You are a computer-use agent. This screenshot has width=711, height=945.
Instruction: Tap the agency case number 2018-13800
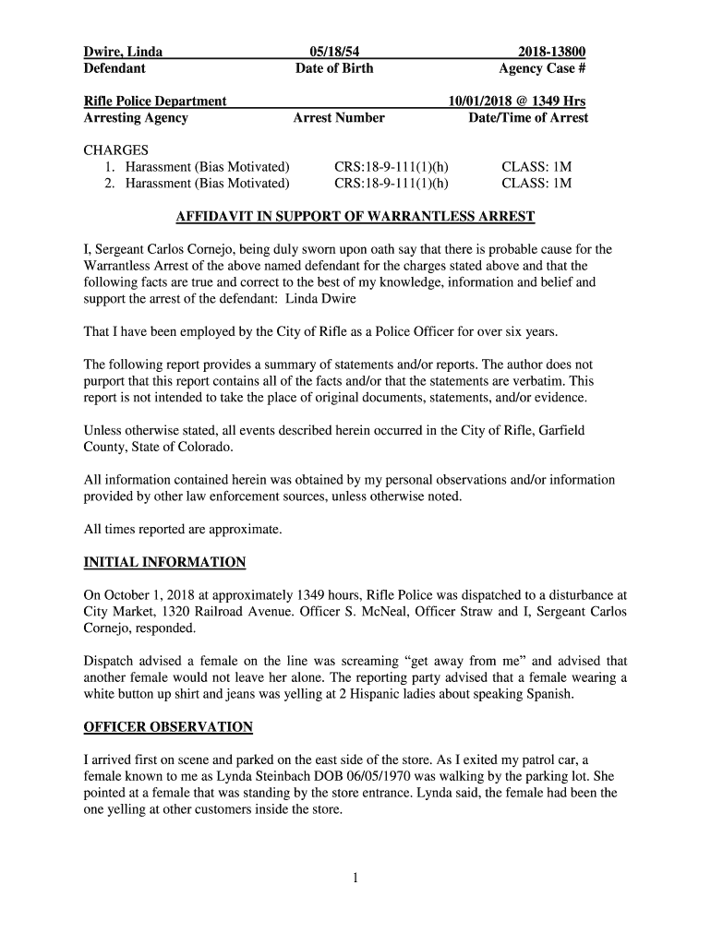pyautogui.click(x=551, y=52)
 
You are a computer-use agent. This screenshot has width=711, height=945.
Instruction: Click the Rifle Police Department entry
pyautogui.click(x=155, y=101)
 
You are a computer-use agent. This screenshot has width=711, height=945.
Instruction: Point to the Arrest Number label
pyautogui.click(x=339, y=117)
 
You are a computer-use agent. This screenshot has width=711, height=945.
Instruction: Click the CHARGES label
pyautogui.click(x=116, y=150)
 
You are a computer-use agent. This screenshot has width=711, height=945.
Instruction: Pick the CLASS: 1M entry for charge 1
pyautogui.click(x=536, y=166)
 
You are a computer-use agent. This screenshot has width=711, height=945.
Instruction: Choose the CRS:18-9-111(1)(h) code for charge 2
pyautogui.click(x=392, y=183)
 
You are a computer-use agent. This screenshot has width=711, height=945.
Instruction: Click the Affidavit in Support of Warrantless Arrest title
pyautogui.click(x=355, y=217)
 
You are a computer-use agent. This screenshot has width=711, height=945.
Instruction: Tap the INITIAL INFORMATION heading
pyautogui.click(x=164, y=562)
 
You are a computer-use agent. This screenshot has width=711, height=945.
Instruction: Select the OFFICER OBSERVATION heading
pyautogui.click(x=168, y=726)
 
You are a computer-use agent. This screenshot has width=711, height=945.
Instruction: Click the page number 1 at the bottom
pyautogui.click(x=355, y=878)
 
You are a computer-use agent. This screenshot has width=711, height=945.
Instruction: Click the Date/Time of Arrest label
pyautogui.click(x=528, y=117)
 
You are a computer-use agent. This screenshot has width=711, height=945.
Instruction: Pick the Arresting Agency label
pyautogui.click(x=136, y=117)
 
